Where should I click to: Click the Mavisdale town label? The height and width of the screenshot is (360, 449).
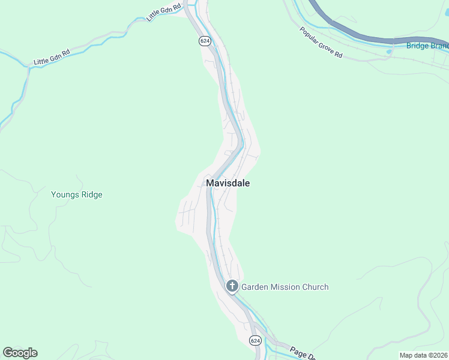228,183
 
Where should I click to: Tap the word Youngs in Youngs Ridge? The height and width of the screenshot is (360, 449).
65,194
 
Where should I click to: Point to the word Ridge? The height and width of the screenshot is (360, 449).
91,194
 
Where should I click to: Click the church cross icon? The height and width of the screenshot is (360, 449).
232,287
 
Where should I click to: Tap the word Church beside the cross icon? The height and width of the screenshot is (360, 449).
316,287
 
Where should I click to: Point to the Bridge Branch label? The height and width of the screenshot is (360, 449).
427,46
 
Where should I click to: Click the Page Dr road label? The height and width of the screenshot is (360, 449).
303,353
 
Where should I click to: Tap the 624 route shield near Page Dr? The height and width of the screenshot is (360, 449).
255,340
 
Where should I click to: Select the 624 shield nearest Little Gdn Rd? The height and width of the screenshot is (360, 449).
205,40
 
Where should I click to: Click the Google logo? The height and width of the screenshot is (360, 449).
20,353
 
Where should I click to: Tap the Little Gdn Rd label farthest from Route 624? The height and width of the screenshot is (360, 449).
52,57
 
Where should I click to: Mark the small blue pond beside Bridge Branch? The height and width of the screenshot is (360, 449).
390,52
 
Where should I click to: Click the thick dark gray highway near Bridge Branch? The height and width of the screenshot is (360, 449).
360,34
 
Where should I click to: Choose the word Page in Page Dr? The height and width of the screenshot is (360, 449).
298,350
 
